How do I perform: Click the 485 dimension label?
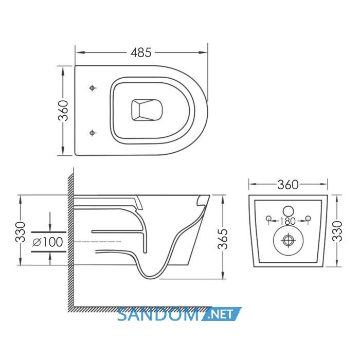[141, 52]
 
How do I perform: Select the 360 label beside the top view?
[63, 111]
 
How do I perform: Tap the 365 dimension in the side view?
[223, 239]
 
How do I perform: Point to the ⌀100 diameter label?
[48, 242]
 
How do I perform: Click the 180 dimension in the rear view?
[288, 221]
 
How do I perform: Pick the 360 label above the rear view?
[288, 185]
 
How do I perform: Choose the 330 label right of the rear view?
[337, 231]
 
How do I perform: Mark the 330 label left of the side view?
[20, 232]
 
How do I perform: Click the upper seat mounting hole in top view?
[92, 88]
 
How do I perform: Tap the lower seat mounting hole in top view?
[92, 133]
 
